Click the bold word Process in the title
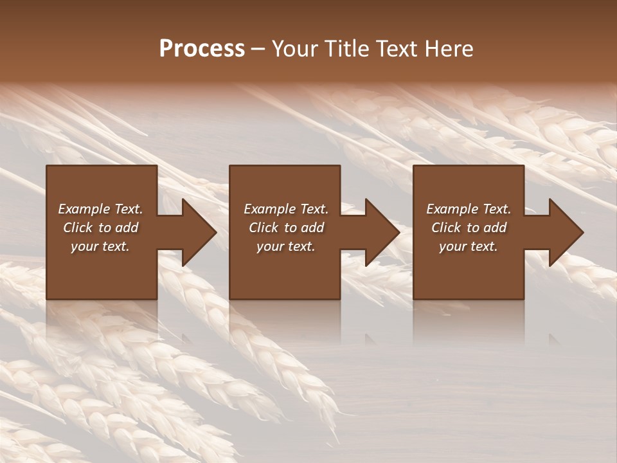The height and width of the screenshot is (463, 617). click(x=202, y=49)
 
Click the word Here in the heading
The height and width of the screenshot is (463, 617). click(x=449, y=49)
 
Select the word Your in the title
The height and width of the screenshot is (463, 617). click(x=295, y=49)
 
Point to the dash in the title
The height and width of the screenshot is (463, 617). click(x=258, y=50)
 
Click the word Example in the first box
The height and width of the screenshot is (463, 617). click(x=82, y=209)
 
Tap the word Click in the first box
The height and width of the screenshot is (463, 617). click(x=78, y=228)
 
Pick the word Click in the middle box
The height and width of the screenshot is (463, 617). click(x=264, y=228)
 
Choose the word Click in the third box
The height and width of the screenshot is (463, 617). click(x=446, y=228)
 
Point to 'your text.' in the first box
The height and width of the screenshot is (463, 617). click(x=100, y=246)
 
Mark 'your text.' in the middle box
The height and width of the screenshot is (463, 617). click(x=286, y=246)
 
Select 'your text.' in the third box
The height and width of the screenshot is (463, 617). click(x=469, y=246)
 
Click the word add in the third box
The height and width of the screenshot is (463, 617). click(x=495, y=228)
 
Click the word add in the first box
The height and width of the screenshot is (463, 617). click(x=127, y=228)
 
